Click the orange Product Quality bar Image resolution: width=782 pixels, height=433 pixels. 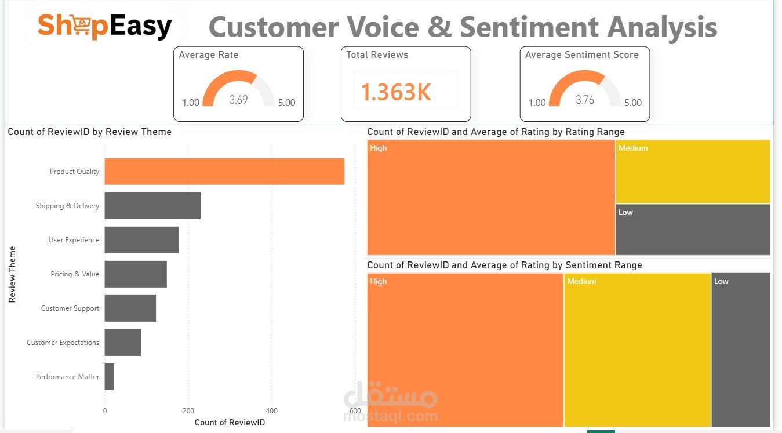224,172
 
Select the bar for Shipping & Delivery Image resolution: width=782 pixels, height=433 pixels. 152,206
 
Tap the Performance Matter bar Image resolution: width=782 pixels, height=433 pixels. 110,377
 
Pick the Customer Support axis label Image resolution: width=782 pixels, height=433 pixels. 70,308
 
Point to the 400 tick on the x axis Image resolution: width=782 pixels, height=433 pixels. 272,411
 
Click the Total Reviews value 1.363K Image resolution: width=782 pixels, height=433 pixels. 396,92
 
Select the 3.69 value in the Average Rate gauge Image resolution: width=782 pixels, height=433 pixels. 238,100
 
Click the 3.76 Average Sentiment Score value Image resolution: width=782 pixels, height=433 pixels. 584,100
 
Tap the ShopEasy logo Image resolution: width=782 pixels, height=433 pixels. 105,26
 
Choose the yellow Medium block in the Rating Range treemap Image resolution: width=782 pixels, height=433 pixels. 693,172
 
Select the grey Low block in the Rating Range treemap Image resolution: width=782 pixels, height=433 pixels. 693,230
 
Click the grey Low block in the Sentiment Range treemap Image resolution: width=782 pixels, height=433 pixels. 741,350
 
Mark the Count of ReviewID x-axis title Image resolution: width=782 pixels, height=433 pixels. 230,423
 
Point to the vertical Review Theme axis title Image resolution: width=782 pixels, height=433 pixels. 12,274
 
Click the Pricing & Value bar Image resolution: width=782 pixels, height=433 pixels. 136,274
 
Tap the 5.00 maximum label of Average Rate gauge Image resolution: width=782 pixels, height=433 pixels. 286,103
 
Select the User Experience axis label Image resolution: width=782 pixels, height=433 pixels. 74,240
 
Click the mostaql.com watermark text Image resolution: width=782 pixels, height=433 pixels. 391,416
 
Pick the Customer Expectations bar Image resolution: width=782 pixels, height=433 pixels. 123,343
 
